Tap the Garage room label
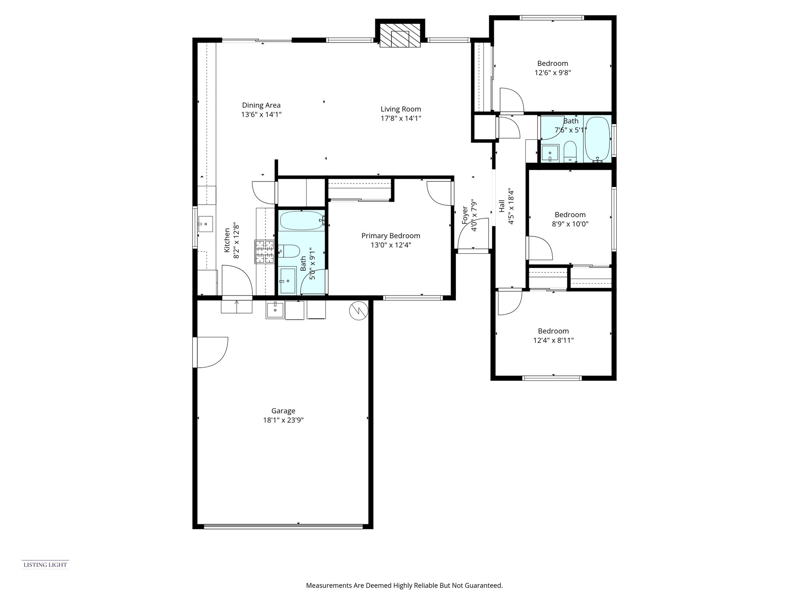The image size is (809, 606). [283, 411]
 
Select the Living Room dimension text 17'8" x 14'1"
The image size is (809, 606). [401, 118]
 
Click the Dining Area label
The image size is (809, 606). [261, 105]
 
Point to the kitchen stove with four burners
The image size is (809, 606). [265, 252]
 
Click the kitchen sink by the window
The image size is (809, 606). [205, 224]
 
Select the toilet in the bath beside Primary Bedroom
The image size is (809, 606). [289, 251]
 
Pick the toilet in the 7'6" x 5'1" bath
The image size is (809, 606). [570, 151]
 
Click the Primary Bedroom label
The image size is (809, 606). [391, 236]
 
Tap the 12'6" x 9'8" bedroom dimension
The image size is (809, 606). [553, 73]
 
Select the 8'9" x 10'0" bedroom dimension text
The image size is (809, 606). [570, 224]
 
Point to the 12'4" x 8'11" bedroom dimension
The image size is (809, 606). [553, 340]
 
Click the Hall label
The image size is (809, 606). [502, 206]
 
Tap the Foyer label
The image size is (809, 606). [465, 215]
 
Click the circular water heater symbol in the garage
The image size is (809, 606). [359, 311]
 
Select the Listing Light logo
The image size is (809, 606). [45, 565]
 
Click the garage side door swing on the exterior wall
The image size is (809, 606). [213, 352]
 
